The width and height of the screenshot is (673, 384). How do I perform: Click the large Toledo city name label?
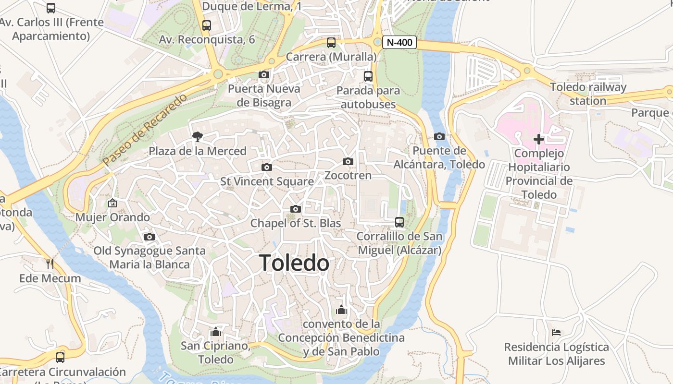[294, 263]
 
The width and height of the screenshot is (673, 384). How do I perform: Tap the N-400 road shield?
[399, 42]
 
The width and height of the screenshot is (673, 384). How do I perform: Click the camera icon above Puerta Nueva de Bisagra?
[263, 74]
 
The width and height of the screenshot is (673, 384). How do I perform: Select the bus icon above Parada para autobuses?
[368, 76]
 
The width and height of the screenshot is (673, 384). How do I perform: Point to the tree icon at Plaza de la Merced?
[197, 137]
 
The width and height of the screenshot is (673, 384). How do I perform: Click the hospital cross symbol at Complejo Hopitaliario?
[539, 139]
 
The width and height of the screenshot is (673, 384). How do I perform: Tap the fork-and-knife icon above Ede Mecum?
[50, 264]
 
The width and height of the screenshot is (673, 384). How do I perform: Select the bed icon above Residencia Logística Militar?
[556, 332]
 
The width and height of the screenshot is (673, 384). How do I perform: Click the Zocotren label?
[348, 175]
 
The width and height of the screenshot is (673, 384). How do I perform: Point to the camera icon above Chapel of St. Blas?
[296, 209]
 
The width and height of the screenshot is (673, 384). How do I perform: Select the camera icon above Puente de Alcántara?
[439, 137]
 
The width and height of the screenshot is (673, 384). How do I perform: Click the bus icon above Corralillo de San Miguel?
[399, 222]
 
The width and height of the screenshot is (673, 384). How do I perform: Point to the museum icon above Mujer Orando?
[112, 203]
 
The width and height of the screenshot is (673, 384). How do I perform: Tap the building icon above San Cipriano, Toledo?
[215, 332]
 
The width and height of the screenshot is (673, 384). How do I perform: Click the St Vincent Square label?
[267, 181]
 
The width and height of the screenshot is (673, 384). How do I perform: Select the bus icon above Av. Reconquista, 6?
[207, 25]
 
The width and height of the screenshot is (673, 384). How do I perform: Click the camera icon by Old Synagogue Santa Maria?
[150, 237]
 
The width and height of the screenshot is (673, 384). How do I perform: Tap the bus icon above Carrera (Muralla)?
[331, 42]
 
